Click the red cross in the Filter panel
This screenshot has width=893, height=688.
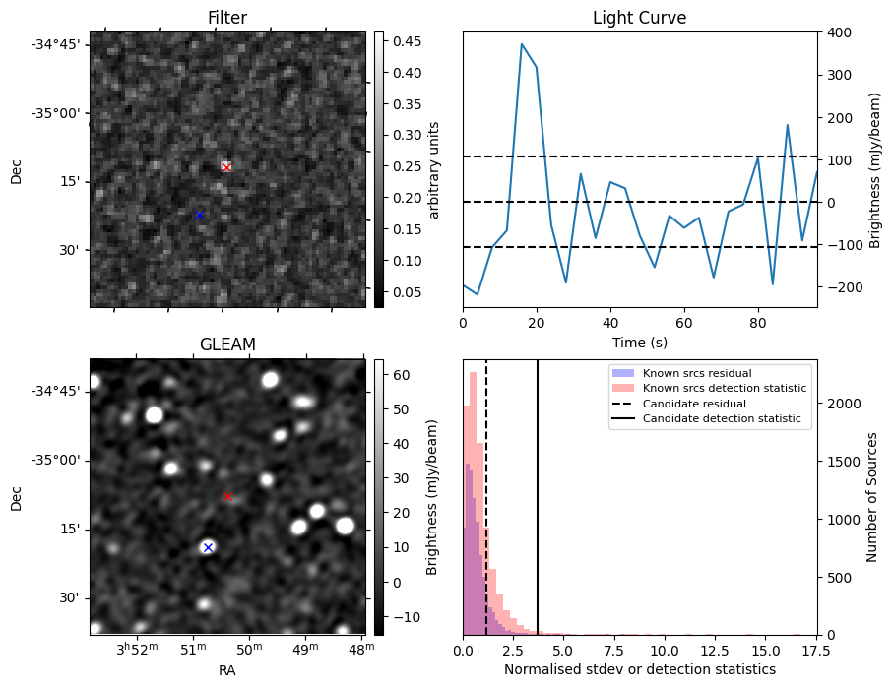coord(226,167)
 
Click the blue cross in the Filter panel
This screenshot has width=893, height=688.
coord(199,215)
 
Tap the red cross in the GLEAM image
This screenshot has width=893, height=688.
coord(227,496)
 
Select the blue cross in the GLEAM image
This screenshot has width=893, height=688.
coord(208,547)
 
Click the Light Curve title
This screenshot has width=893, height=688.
coord(639,18)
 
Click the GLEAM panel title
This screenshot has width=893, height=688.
coord(227,344)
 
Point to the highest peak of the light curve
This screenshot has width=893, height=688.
coord(522,44)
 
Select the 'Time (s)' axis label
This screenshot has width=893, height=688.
coord(639,342)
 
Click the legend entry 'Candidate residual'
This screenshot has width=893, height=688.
coord(689,405)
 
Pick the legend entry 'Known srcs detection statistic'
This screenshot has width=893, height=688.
coord(724,389)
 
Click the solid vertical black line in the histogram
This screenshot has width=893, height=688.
coord(538,492)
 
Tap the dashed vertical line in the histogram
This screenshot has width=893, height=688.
coord(486,492)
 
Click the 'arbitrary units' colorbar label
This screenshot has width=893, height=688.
coord(433,169)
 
